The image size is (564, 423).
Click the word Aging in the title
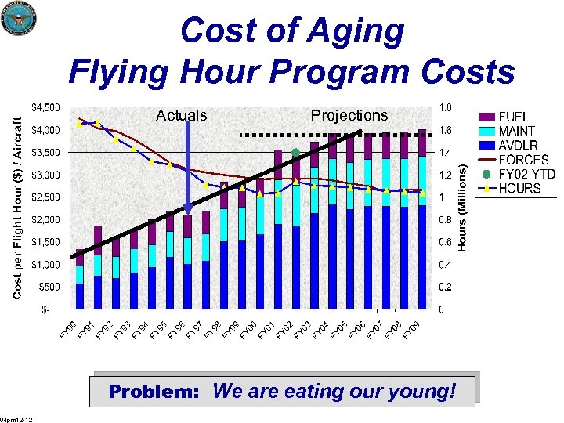click(x=352, y=31)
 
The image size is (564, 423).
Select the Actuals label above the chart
click(x=182, y=115)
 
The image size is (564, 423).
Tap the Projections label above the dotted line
click(x=349, y=115)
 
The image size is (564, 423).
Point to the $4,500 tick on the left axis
click(x=44, y=107)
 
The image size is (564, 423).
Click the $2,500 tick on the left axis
click(x=44, y=197)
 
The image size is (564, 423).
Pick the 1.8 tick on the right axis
click(x=445, y=107)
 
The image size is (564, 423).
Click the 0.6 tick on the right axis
click(x=445, y=242)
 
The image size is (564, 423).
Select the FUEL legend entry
click(x=517, y=117)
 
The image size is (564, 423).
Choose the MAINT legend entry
click(x=517, y=131)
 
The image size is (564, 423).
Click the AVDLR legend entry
click(x=517, y=145)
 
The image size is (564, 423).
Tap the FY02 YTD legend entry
click(x=517, y=174)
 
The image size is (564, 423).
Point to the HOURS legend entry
click(x=517, y=188)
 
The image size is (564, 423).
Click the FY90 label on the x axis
click(x=68, y=331)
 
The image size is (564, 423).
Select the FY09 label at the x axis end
click(x=411, y=331)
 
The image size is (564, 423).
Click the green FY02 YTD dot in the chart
click(x=296, y=152)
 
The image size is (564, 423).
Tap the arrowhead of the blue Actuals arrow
click(x=188, y=209)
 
